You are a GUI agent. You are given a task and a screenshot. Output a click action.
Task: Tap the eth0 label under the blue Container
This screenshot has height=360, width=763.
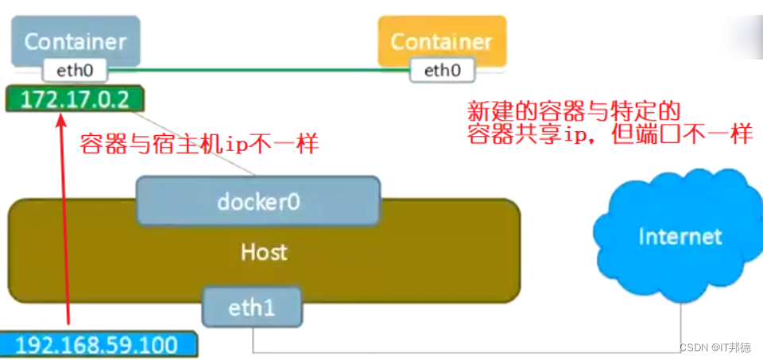click(x=76, y=71)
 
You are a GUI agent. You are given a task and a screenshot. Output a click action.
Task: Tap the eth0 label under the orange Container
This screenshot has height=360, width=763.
click(x=442, y=71)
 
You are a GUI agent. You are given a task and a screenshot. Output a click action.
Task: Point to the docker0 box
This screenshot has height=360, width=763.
click(x=258, y=201)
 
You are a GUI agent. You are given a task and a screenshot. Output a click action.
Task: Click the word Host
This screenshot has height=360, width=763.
click(x=264, y=253)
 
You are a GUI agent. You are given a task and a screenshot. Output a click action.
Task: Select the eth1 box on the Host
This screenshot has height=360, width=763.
click(x=252, y=308)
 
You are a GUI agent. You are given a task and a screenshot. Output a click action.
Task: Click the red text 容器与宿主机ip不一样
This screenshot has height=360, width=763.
click(x=199, y=144)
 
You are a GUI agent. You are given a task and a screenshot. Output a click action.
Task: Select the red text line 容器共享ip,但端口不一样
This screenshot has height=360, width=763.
click(x=609, y=134)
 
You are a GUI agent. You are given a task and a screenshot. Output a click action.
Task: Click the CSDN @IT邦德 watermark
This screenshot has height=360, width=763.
click(x=715, y=348)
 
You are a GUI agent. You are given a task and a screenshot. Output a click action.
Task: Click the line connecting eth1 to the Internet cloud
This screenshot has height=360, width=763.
click(x=477, y=352)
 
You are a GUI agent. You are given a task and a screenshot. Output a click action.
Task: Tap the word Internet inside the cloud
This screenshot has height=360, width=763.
click(x=680, y=236)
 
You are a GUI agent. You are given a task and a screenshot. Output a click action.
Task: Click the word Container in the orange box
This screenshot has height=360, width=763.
click(x=442, y=41)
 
